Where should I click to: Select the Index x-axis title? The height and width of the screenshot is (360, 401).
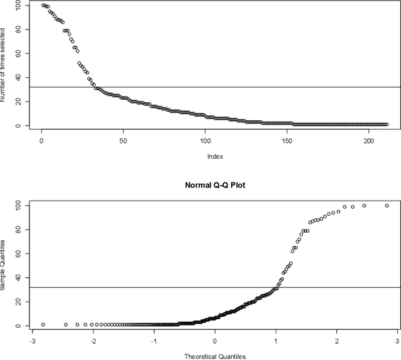point(214,156)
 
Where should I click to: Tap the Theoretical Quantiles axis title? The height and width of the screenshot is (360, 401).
point(214,356)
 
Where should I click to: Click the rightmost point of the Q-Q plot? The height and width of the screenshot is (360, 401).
point(387,205)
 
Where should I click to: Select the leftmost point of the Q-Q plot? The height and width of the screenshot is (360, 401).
point(43,325)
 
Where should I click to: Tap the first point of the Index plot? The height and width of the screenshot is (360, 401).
point(43,5)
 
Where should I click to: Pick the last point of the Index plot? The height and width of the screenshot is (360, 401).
point(387,124)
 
